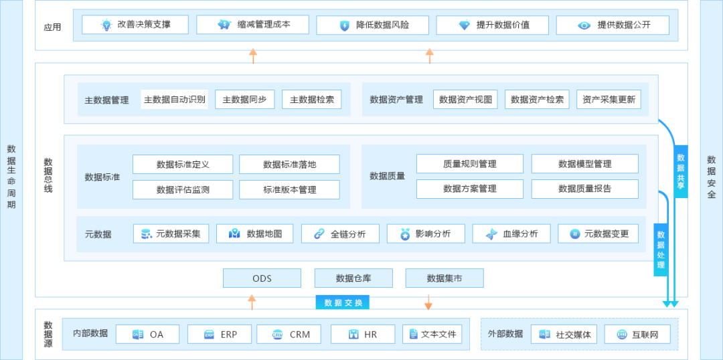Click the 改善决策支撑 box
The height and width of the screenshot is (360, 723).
[x=135, y=25]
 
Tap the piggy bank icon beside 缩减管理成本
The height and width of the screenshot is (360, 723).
[x=224, y=25]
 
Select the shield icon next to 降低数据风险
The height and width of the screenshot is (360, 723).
[x=345, y=25]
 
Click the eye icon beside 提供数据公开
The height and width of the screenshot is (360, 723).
[x=584, y=25]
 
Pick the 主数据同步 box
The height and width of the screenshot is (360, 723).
[x=245, y=100]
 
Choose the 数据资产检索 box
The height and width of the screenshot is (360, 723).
[x=537, y=100]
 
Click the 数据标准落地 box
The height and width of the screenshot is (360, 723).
[x=290, y=164]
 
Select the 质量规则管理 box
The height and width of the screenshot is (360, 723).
[x=470, y=164]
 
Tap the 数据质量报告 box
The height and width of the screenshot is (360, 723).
[x=584, y=189]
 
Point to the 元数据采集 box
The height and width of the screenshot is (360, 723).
[x=171, y=234]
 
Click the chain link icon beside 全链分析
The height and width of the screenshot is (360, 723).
[x=319, y=234]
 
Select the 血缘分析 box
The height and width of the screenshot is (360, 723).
[x=511, y=234]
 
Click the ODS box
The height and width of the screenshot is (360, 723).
[x=262, y=278]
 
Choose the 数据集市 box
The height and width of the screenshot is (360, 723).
[x=445, y=278]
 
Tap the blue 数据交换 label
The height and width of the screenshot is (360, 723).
[x=343, y=302]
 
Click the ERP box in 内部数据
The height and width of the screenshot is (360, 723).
[x=220, y=334]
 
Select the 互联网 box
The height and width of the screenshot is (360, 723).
[x=637, y=334]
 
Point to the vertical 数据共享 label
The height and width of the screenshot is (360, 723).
[x=681, y=171]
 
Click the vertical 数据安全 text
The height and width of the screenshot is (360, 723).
[x=711, y=177]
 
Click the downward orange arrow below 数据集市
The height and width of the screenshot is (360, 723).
[x=428, y=302]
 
